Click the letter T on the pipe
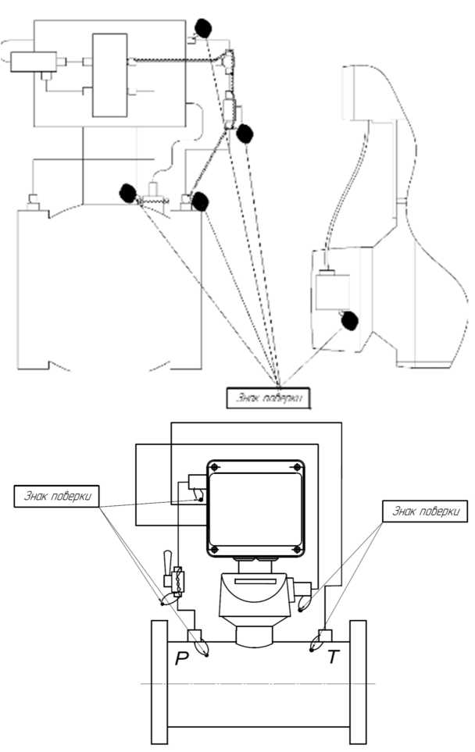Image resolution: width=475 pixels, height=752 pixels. coord(334,658)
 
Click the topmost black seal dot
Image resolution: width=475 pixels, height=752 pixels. coord(203,28)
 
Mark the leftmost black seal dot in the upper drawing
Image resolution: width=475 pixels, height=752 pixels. coord(128,192)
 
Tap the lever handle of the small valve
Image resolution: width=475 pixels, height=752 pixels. coord(166,561)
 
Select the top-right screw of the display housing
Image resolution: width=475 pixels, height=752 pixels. coord(297,468)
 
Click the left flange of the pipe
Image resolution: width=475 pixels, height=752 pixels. coord(159,683)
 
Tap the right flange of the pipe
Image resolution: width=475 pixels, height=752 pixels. coord(358,683)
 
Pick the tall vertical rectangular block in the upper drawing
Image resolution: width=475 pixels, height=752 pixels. coord(109,75)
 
